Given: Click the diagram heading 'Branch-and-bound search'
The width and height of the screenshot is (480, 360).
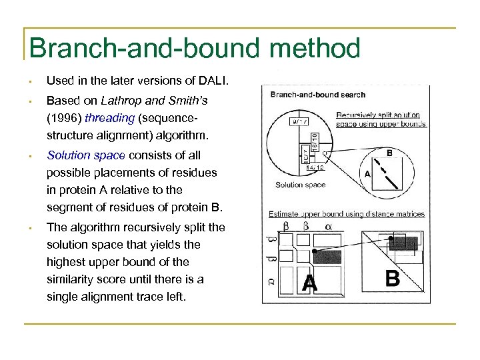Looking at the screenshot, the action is (x=318, y=95).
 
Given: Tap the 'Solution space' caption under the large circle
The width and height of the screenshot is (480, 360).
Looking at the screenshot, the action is (x=299, y=185).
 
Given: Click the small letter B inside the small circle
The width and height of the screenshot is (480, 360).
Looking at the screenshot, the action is (x=389, y=152).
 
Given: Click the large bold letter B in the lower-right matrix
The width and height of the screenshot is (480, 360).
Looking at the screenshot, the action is (x=393, y=278).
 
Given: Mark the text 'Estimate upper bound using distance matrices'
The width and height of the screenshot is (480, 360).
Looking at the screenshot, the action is (x=346, y=214).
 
